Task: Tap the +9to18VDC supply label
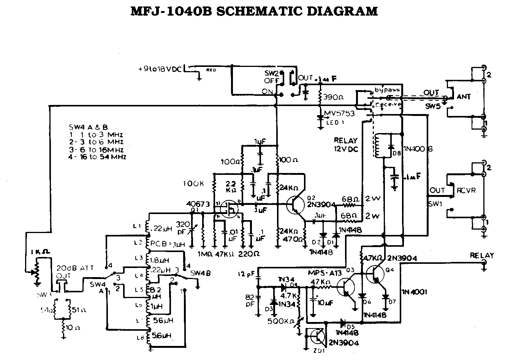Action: [160, 70]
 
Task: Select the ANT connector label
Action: [464, 97]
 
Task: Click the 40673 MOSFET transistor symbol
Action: [230, 209]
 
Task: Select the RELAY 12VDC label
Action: [345, 144]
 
